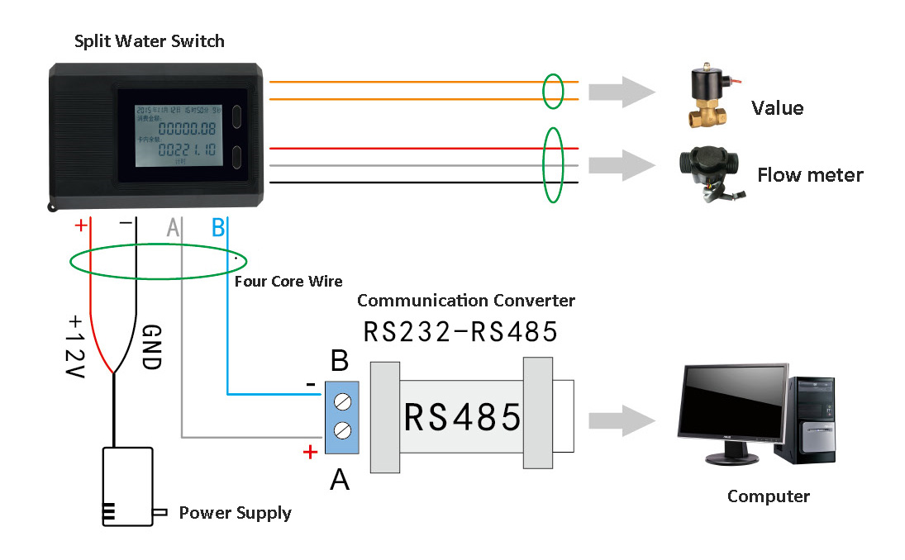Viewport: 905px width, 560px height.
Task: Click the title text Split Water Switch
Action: point(149,40)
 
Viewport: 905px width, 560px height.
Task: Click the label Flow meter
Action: point(810,175)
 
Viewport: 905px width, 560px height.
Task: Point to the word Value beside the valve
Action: point(777,108)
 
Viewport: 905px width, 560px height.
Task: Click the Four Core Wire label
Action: point(288,282)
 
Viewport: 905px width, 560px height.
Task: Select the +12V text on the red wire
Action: point(76,343)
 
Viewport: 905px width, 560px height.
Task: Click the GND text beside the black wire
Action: point(150,345)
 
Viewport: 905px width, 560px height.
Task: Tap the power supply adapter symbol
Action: point(127,486)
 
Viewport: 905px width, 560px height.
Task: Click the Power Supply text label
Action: point(236,513)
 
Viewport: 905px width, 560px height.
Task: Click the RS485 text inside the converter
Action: point(462,417)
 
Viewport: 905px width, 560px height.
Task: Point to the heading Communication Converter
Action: point(466,301)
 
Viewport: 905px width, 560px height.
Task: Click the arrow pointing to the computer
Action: point(620,420)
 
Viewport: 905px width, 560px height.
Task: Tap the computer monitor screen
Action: point(731,403)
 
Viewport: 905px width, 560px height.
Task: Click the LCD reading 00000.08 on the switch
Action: point(187,129)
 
